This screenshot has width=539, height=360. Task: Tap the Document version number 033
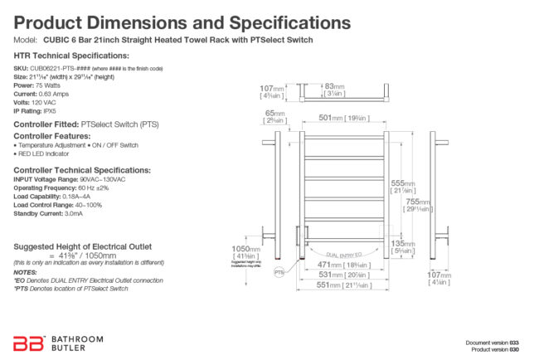click(514, 341)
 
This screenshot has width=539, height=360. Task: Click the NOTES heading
click(24, 272)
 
